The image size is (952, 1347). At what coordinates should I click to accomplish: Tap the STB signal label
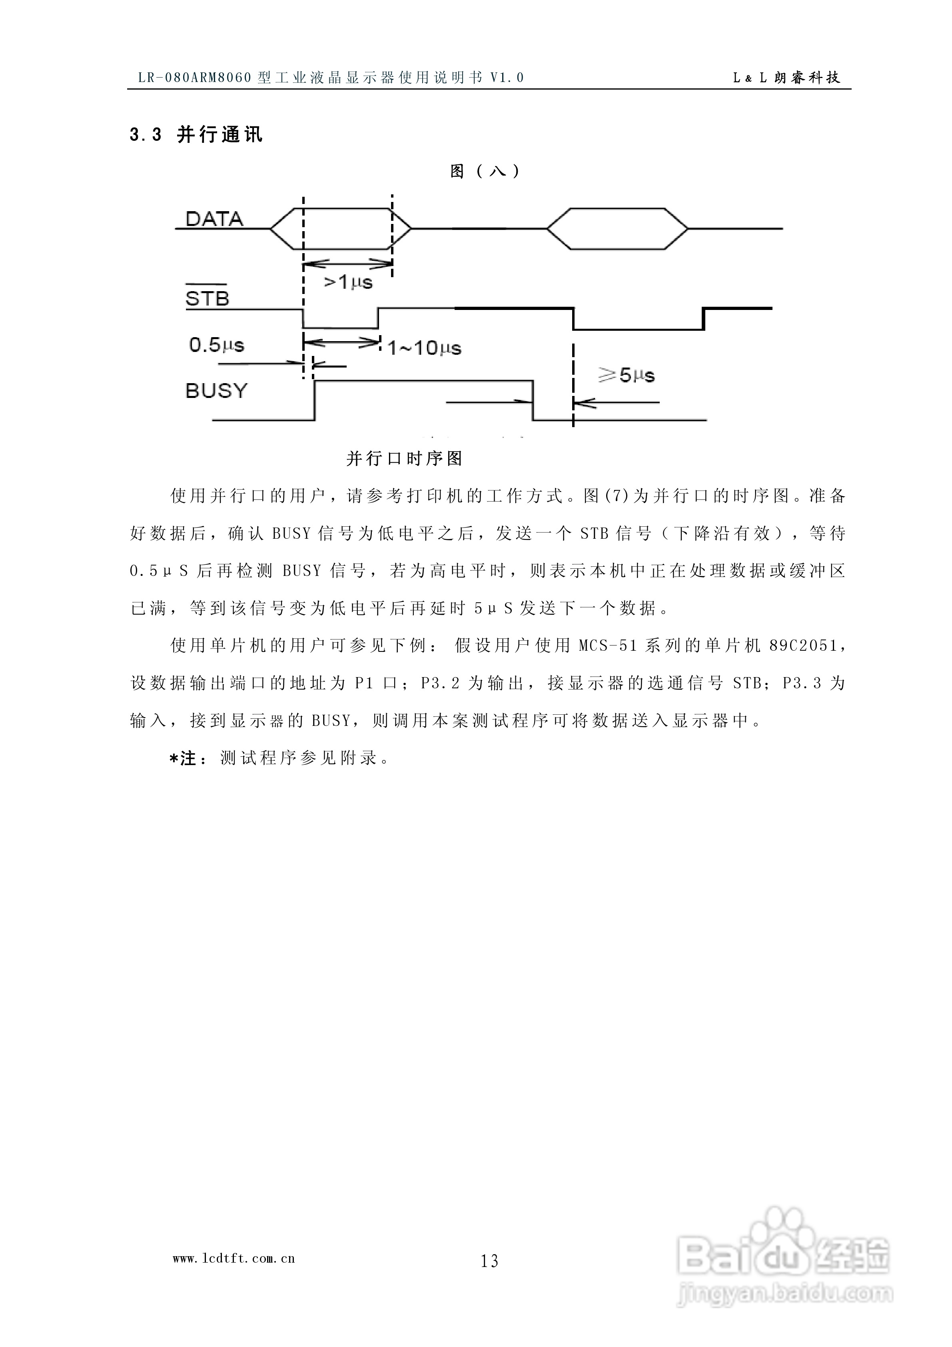(207, 299)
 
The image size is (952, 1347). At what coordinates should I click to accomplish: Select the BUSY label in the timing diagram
(216, 391)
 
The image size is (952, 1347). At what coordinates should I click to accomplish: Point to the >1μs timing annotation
(348, 283)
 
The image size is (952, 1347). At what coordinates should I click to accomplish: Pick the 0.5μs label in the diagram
(216, 345)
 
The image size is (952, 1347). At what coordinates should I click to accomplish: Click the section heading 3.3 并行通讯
(196, 135)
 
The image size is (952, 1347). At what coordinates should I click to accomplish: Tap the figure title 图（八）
(485, 171)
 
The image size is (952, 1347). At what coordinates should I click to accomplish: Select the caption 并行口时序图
(405, 458)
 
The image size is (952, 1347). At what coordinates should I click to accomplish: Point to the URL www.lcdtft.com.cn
(234, 1258)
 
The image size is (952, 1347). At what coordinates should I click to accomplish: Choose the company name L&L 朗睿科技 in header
(786, 78)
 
